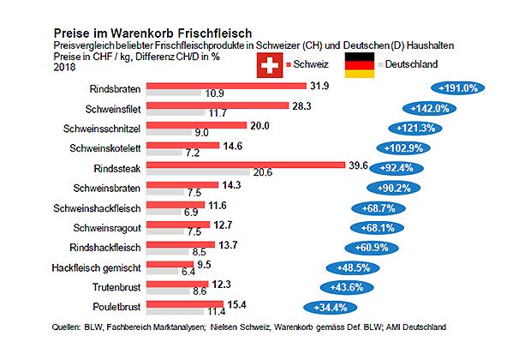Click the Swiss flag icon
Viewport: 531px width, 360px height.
click(271, 65)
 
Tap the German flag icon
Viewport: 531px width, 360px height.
click(359, 65)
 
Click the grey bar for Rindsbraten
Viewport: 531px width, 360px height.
click(174, 93)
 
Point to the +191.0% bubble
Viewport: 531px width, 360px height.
click(457, 87)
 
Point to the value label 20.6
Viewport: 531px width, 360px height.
click(262, 172)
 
